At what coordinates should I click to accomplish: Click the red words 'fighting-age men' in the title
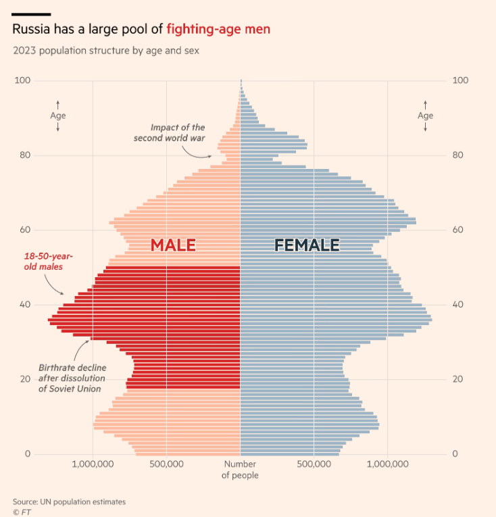click(x=218, y=30)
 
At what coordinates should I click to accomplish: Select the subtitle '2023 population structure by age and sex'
click(x=105, y=50)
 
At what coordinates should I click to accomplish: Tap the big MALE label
click(x=173, y=245)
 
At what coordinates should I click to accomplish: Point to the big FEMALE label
click(x=307, y=245)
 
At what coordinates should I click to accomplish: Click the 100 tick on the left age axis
click(x=23, y=80)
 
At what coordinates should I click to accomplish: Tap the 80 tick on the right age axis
click(x=460, y=155)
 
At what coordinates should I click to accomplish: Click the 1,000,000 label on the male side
click(x=92, y=464)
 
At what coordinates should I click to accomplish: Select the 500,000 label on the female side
click(x=314, y=464)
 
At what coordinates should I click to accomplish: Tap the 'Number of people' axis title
click(x=240, y=470)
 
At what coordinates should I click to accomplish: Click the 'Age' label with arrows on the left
click(x=58, y=116)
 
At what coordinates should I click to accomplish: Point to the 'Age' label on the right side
click(x=425, y=116)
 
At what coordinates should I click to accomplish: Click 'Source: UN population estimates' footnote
click(x=69, y=501)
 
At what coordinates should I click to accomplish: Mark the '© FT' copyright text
click(x=22, y=512)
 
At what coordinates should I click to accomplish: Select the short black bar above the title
click(x=32, y=14)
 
